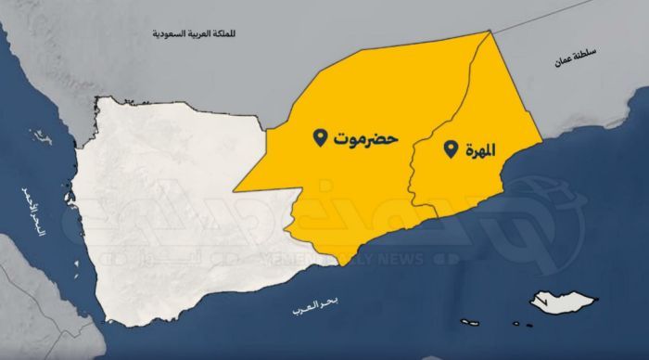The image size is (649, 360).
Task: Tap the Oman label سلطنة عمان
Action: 566,58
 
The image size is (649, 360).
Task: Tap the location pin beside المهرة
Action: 452,148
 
